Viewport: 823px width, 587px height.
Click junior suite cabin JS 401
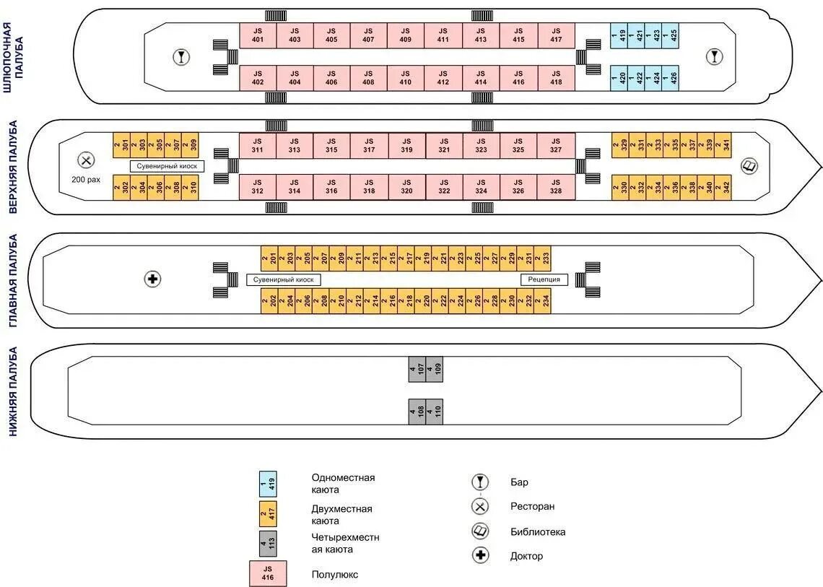pyautogui.click(x=258, y=35)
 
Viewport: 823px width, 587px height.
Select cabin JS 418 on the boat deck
pyautogui.click(x=556, y=77)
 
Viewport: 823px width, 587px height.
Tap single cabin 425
pyautogui.click(x=672, y=35)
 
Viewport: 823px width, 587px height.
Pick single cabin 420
pyautogui.click(x=620, y=77)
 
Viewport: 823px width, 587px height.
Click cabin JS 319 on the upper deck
pyautogui.click(x=406, y=145)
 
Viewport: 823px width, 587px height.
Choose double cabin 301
pyautogui.click(x=122, y=145)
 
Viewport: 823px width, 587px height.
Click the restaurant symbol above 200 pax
pyautogui.click(x=86, y=160)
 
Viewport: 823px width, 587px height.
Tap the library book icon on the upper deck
pyautogui.click(x=749, y=166)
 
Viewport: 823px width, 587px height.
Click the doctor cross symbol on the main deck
pyautogui.click(x=152, y=279)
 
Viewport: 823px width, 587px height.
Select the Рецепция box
pyautogui.click(x=544, y=279)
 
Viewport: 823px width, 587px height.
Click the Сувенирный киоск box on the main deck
pyautogui.click(x=284, y=279)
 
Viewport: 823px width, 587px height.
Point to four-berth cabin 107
pyautogui.click(x=417, y=369)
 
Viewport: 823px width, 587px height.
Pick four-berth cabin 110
pyautogui.click(x=434, y=412)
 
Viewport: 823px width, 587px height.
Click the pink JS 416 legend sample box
pyautogui.click(x=268, y=573)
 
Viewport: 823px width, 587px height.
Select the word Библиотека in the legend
pyautogui.click(x=538, y=532)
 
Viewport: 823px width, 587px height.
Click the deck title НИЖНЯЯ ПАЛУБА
pyautogui.click(x=12, y=391)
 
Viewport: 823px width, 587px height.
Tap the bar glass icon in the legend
pyautogui.click(x=480, y=482)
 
